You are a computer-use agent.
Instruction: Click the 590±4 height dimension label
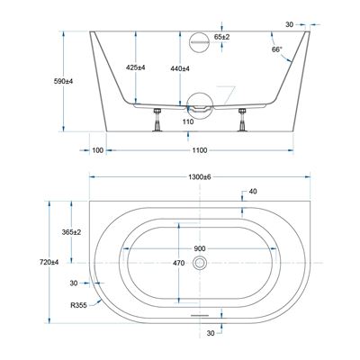(63, 81)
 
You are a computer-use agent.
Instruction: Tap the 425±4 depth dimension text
(136, 67)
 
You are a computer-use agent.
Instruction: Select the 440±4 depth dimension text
(180, 68)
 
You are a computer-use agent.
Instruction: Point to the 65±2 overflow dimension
(221, 37)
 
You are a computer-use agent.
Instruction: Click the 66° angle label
(277, 49)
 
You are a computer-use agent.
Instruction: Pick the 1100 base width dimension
(200, 150)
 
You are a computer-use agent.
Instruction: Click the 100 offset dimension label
(97, 150)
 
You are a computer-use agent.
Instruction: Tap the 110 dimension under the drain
(188, 121)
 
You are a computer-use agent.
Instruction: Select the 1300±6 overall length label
(200, 177)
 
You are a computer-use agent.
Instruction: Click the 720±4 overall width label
(49, 262)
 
